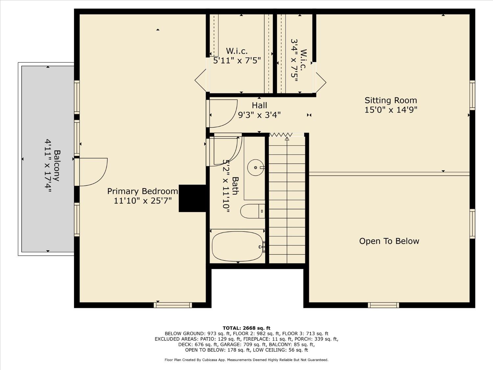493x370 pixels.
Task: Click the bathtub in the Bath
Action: (x=237, y=246)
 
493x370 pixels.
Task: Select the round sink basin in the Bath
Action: (x=255, y=167)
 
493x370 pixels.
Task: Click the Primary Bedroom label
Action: (x=143, y=191)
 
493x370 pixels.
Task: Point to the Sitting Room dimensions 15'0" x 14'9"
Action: (x=390, y=110)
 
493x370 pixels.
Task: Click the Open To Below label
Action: (x=389, y=241)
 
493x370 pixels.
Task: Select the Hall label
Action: (x=259, y=105)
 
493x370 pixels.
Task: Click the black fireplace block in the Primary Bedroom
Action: (x=192, y=198)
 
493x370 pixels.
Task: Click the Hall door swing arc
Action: (x=223, y=113)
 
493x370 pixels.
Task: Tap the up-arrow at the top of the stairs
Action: (x=287, y=139)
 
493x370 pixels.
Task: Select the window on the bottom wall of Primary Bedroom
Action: (x=173, y=305)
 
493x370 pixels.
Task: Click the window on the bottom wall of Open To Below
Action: (x=383, y=305)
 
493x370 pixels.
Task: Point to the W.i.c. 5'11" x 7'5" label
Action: (x=237, y=56)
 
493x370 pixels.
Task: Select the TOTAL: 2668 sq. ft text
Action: (x=246, y=328)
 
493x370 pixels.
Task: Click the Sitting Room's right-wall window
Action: (x=472, y=95)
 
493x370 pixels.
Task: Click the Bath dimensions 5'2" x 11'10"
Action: (x=226, y=186)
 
